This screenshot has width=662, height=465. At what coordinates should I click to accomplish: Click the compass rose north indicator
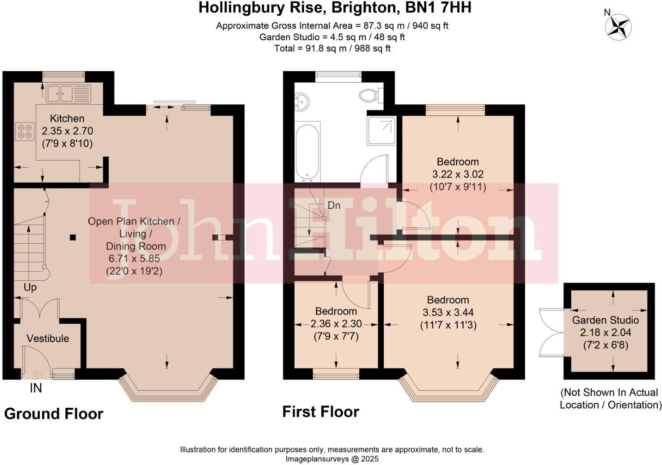pos(618,26)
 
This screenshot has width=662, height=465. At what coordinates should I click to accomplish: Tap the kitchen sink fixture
pos(68,94)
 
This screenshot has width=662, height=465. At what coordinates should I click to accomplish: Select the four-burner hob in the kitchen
pos(25,131)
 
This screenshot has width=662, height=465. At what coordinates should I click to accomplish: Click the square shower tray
pos(382,130)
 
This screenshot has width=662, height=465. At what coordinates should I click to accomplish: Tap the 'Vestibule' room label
pos(48,338)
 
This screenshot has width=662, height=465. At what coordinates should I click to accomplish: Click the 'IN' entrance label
pos(36,388)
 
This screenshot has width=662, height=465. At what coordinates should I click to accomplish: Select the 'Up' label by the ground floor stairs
pos(30,287)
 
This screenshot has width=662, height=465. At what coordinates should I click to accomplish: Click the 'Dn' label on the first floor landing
pos(334,205)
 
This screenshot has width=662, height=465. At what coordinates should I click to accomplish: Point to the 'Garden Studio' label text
pos(605,320)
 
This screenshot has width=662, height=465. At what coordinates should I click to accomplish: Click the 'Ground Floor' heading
pos(54,414)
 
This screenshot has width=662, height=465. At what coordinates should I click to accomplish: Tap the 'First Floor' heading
pos(320,411)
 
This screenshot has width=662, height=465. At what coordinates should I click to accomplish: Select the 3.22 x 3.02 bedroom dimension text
pos(458,174)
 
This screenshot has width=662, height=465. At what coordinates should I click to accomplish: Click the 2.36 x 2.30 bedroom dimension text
pos(336,324)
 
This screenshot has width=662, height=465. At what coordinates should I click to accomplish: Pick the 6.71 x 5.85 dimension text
pos(134,258)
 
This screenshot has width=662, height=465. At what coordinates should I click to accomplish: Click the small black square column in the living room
pos(73,237)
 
